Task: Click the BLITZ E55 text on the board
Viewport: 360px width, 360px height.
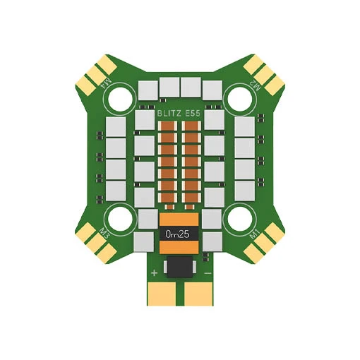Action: [179, 114]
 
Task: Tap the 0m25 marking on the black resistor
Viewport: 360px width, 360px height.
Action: [178, 234]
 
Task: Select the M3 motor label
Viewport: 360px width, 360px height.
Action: [104, 233]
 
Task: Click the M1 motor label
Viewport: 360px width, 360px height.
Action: [255, 234]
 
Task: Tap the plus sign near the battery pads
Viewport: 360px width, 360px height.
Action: [155, 273]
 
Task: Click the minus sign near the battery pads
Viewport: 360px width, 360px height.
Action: [208, 273]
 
